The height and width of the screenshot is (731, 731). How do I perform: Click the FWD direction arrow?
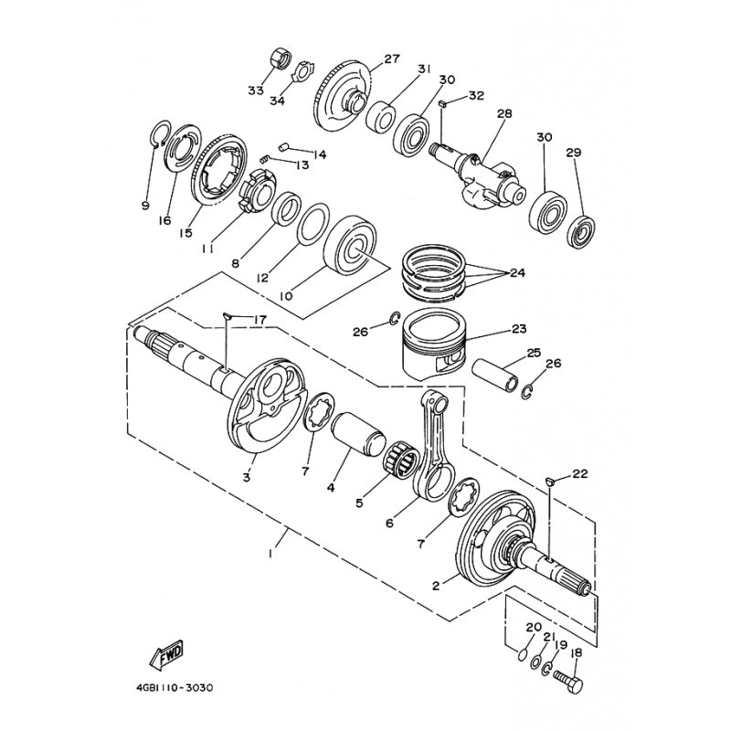166,655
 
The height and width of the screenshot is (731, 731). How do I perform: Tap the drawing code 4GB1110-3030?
175,688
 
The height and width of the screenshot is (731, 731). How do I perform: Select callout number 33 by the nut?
256,90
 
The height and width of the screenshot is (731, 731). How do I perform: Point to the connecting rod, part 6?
432,448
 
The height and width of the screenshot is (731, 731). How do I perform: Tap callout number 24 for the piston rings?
517,272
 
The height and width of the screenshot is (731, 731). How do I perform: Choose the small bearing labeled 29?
581,231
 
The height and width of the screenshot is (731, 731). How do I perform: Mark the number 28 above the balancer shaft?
504,113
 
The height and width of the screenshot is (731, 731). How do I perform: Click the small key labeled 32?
443,103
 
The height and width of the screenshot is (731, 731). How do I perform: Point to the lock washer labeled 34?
303,70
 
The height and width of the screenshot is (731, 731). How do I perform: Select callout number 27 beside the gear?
392,58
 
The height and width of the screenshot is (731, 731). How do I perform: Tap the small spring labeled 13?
264,159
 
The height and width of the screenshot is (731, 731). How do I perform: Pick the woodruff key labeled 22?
550,481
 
